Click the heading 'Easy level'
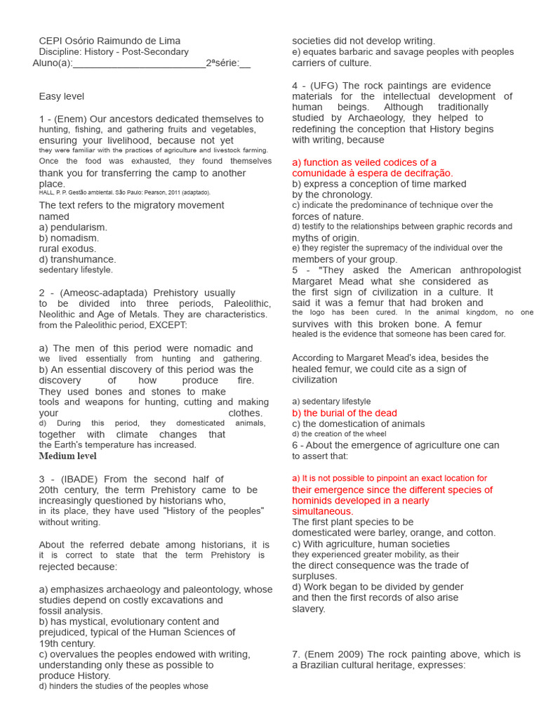62,96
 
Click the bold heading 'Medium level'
68,456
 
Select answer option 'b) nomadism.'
69,238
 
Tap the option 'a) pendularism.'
73,227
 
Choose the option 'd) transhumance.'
77,259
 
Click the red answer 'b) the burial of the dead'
345,413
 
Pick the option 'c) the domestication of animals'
358,424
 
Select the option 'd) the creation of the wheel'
339,434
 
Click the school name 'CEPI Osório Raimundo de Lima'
109,41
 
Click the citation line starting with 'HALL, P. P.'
124,192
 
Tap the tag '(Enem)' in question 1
72,119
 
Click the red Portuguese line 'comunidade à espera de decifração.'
373,173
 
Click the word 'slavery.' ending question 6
309,609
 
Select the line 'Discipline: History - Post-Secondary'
114,52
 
